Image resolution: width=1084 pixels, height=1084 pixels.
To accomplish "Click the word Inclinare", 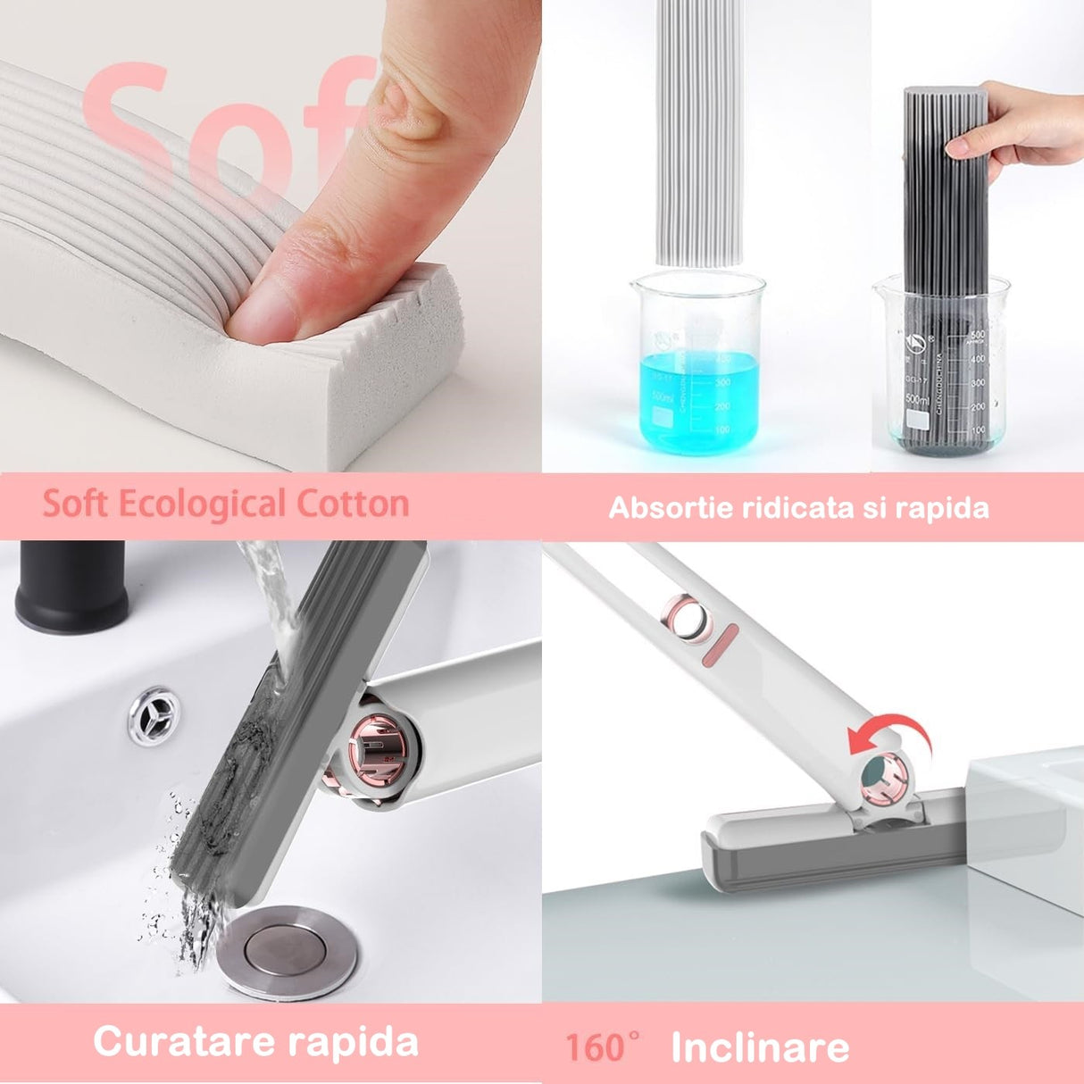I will [x=760, y=1047].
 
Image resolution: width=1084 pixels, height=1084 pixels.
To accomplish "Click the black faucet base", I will [x=71, y=585].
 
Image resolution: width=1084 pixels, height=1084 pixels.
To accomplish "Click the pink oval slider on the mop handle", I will [x=724, y=646].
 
